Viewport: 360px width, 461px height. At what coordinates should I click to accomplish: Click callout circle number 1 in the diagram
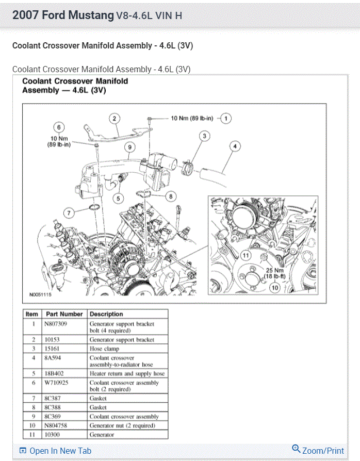click(x=226, y=118)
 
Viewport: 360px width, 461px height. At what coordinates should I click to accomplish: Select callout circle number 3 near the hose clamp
click(x=204, y=136)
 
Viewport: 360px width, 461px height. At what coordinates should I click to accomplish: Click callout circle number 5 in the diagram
click(x=118, y=198)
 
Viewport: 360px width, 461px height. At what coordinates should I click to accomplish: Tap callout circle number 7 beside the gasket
click(x=69, y=212)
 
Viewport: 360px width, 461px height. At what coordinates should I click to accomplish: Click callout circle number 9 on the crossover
click(x=129, y=147)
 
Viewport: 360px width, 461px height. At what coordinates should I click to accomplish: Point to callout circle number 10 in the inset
click(x=274, y=288)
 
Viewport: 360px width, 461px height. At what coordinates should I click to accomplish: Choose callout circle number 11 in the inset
click(x=246, y=255)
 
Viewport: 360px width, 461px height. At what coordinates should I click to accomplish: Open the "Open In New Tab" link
click(x=55, y=451)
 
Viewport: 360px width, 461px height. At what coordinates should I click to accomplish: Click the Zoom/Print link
click(x=318, y=450)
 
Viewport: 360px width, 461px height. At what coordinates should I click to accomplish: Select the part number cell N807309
click(x=57, y=324)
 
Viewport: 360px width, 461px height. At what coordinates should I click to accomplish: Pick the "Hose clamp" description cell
click(x=106, y=349)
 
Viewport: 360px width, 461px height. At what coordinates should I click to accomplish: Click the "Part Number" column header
click(x=64, y=314)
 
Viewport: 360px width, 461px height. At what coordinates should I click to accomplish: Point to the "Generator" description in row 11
click(x=103, y=435)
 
